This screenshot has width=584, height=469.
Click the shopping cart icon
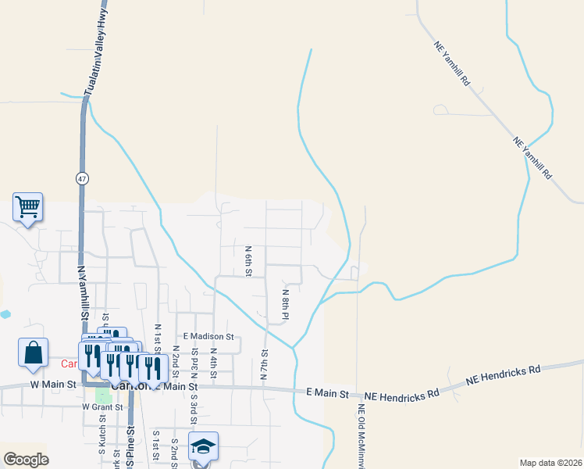click(27, 207)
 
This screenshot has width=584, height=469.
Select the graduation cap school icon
click(203, 446)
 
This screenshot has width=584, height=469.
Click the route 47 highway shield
click(82, 178)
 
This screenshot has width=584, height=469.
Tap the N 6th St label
click(248, 261)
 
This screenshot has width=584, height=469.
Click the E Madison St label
click(208, 336)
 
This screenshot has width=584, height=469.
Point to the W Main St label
click(54, 384)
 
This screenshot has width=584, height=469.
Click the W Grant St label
click(103, 406)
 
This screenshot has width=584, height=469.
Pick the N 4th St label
click(213, 364)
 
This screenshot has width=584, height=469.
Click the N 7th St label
click(265, 364)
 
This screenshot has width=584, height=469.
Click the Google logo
click(25, 460)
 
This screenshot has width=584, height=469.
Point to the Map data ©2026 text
click(550, 463)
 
